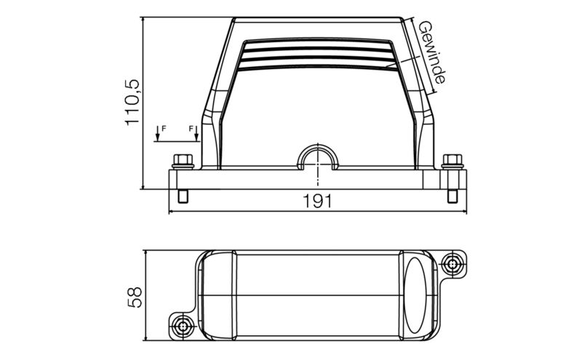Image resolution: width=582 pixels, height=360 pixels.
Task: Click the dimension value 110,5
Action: (x=132, y=103)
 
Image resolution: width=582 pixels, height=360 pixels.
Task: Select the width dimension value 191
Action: (x=316, y=201)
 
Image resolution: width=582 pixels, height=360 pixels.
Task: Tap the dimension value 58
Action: (x=134, y=296)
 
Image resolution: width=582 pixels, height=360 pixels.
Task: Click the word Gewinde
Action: (x=432, y=52)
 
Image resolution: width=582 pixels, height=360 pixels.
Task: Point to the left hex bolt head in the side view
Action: (x=181, y=160)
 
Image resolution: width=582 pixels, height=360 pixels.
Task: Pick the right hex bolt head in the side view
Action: (x=452, y=160)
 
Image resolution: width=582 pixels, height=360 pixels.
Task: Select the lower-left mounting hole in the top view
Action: (x=180, y=324)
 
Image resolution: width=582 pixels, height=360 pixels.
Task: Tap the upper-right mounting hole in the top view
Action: (x=455, y=263)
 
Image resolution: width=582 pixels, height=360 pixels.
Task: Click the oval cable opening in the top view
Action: (x=418, y=295)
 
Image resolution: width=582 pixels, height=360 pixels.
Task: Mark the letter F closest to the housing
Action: (x=193, y=129)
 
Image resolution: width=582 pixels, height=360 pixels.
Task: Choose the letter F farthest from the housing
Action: (x=164, y=129)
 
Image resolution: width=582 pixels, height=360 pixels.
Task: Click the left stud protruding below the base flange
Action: (x=182, y=197)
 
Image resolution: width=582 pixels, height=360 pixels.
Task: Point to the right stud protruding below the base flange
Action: (x=452, y=197)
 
